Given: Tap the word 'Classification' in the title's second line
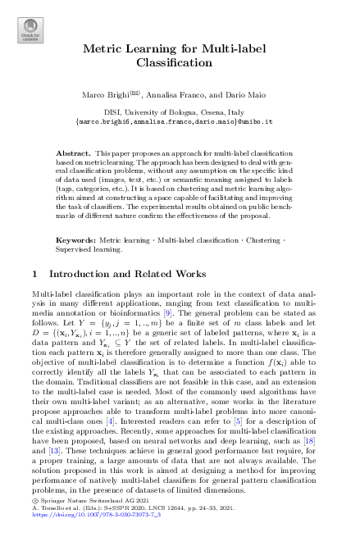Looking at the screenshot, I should point(180,63).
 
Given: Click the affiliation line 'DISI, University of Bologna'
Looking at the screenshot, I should point(180,110).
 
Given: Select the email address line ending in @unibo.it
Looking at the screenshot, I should point(180,120).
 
